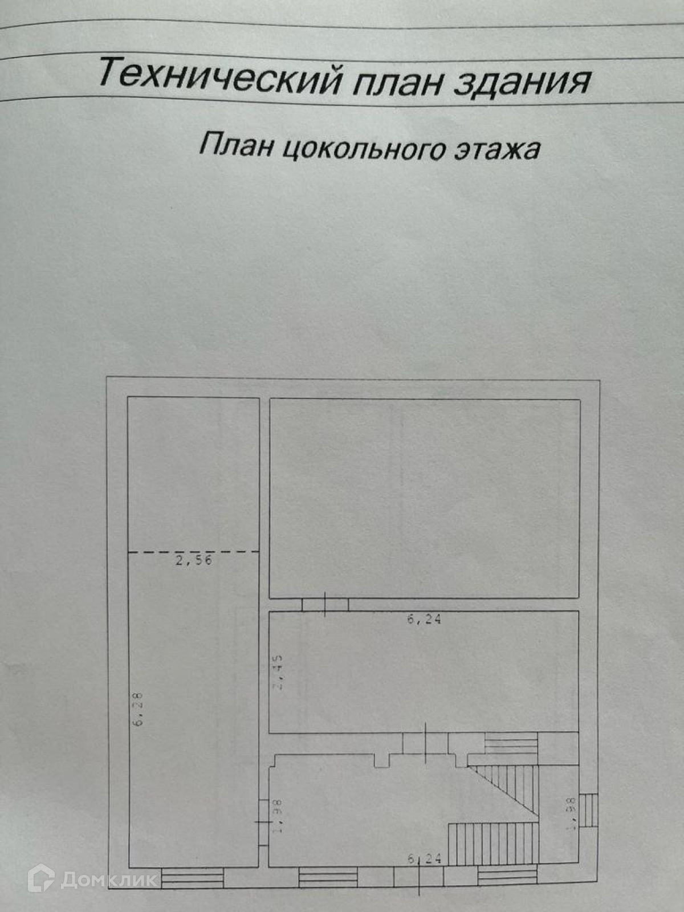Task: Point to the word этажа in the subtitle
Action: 496,149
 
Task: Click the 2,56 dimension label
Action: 194,560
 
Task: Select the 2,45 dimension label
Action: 278,673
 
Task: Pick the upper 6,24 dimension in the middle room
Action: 424,620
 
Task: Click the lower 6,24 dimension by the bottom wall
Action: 425,858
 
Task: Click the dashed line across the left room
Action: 193,552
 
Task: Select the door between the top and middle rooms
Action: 325,604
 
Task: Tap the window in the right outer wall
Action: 589,809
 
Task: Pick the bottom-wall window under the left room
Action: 192,878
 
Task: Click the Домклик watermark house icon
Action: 41,878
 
